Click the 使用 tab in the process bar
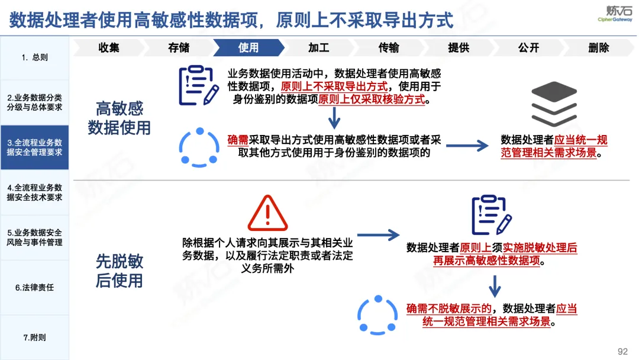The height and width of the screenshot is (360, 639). pyautogui.click(x=248, y=48)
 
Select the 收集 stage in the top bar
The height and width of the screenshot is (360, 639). pyautogui.click(x=109, y=48)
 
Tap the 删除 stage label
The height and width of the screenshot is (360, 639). pyautogui.click(x=599, y=48)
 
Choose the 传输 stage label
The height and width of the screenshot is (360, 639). pyautogui.click(x=388, y=48)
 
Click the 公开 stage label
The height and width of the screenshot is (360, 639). pyautogui.click(x=528, y=48)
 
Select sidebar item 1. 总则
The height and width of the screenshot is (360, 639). pyautogui.click(x=35, y=57)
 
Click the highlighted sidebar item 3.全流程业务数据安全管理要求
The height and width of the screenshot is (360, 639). pyautogui.click(x=35, y=147)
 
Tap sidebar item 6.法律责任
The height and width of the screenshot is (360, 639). pyautogui.click(x=35, y=287)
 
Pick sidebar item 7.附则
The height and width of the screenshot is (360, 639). pyautogui.click(x=35, y=337)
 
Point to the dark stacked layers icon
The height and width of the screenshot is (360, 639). pyautogui.click(x=554, y=104)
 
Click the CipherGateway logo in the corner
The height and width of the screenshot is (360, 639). pyautogui.click(x=615, y=14)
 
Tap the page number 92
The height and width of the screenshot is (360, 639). pyautogui.click(x=622, y=352)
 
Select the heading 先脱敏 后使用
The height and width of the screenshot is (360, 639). pyautogui.click(x=120, y=271)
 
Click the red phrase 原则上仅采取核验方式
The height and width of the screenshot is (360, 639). pyautogui.click(x=372, y=99)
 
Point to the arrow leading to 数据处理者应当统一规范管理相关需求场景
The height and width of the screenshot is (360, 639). pyautogui.click(x=467, y=146)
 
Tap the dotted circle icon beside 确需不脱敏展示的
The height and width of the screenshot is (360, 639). pyautogui.click(x=377, y=315)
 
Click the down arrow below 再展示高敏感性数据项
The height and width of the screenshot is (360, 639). pyautogui.click(x=495, y=286)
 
